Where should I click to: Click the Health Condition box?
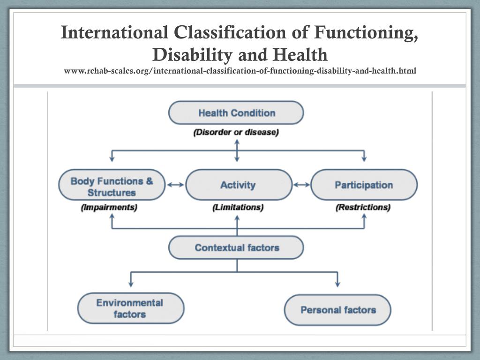click(x=236, y=113)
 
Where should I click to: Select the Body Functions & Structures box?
click(x=112, y=186)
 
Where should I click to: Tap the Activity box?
click(x=238, y=185)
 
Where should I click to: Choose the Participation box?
click(x=364, y=185)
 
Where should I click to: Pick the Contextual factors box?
click(x=236, y=247)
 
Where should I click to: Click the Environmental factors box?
click(x=130, y=308)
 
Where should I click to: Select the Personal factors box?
click(x=338, y=310)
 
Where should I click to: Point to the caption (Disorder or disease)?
click(x=236, y=133)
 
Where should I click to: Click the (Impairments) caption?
click(x=109, y=207)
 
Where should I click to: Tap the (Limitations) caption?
click(x=238, y=207)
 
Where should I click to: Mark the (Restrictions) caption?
click(x=363, y=207)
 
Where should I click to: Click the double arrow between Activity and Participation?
click(x=301, y=185)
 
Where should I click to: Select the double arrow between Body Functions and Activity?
click(x=175, y=185)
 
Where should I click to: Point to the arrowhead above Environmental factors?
click(x=131, y=284)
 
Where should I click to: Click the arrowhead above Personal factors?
click(x=337, y=284)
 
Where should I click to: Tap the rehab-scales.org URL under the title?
click(x=240, y=71)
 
